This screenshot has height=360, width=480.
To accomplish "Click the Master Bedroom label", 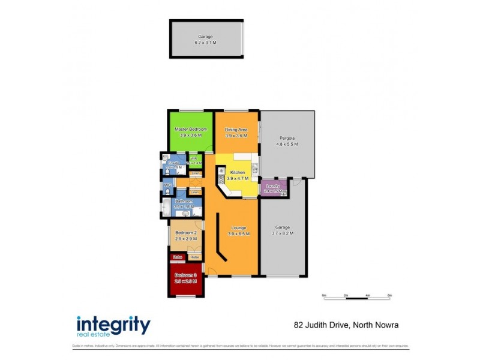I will (190, 130).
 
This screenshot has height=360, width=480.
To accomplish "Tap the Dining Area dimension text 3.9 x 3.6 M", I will (236, 136).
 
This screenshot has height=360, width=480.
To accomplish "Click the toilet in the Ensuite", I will (166, 172).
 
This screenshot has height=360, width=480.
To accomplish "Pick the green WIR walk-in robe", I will (194, 161).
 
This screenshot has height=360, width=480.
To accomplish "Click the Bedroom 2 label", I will (185, 233).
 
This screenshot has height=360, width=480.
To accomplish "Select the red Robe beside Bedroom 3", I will (177, 257).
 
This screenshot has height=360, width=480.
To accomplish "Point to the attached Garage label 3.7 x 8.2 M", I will (283, 230).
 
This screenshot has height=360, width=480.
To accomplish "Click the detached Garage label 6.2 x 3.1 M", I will (206, 40).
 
